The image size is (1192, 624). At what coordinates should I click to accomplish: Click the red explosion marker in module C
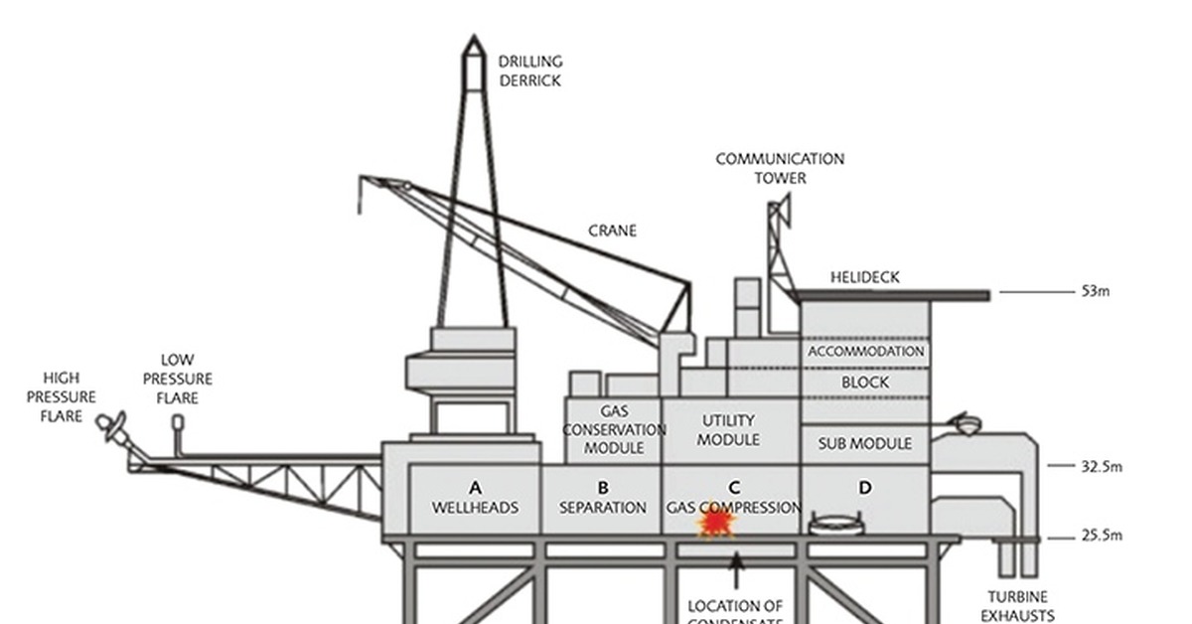click(716, 522)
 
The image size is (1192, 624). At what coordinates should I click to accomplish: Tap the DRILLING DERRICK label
click(529, 72)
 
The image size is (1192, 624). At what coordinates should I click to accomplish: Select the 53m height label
click(1095, 292)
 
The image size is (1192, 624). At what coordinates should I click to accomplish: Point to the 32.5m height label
click(1101, 465)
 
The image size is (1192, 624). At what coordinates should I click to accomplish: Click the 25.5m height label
click(1101, 537)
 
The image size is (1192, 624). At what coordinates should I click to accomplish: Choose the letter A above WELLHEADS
click(475, 488)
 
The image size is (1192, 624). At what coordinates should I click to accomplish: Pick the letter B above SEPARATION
click(602, 488)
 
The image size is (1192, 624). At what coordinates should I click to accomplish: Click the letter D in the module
click(865, 488)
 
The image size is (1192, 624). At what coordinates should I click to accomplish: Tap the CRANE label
click(612, 231)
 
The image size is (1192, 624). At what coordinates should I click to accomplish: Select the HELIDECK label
click(864, 277)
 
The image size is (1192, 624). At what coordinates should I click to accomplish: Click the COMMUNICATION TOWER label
click(780, 168)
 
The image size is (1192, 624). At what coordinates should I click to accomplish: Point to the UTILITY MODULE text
click(729, 429)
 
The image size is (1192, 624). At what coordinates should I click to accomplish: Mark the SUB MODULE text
click(864, 443)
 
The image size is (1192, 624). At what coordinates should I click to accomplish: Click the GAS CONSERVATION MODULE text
click(614, 429)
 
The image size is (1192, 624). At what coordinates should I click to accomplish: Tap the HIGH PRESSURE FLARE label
click(61, 396)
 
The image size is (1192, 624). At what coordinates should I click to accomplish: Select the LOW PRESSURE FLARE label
click(177, 379)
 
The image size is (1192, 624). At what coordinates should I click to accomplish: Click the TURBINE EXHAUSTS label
click(1020, 606)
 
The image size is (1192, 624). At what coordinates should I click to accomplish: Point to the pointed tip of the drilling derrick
click(474, 40)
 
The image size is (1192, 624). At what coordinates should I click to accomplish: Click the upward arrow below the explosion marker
click(736, 570)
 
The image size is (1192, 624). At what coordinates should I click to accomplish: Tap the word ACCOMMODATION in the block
click(865, 351)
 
